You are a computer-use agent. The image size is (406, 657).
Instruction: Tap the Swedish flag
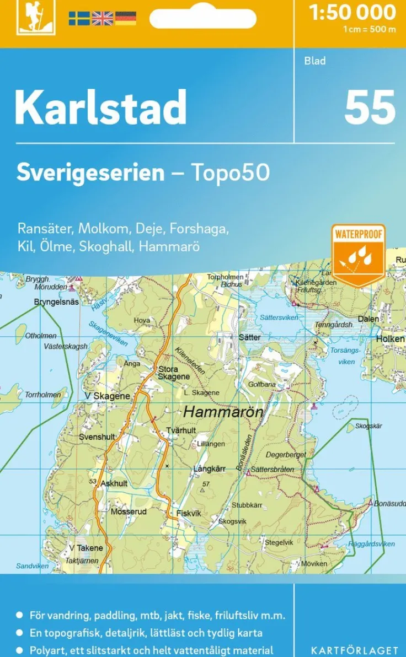click(79, 18)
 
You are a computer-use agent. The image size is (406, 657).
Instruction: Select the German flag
click(125, 18)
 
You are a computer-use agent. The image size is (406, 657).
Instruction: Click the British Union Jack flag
click(102, 18)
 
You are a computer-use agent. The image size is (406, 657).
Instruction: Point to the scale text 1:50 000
click(352, 13)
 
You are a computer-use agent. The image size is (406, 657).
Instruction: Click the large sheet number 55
click(370, 107)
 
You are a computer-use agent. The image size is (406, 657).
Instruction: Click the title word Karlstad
click(100, 107)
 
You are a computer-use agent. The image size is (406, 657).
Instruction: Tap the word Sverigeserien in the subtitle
click(90, 173)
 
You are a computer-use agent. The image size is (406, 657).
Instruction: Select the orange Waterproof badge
click(358, 254)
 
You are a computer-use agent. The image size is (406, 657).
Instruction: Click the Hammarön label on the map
click(223, 411)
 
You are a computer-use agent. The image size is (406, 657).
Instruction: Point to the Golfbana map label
click(261, 384)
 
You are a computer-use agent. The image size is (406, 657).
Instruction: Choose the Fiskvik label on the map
click(189, 513)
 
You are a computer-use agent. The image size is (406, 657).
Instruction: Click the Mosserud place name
click(129, 511)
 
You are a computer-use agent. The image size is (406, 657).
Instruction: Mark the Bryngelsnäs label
click(56, 302)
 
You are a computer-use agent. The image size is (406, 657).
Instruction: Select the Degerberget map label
click(286, 455)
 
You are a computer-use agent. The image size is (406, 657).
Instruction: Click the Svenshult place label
click(97, 437)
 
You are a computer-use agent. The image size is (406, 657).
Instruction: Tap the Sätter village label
click(249, 337)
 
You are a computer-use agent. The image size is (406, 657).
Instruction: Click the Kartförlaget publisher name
click(355, 650)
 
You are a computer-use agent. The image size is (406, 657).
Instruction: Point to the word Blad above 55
click(315, 61)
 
